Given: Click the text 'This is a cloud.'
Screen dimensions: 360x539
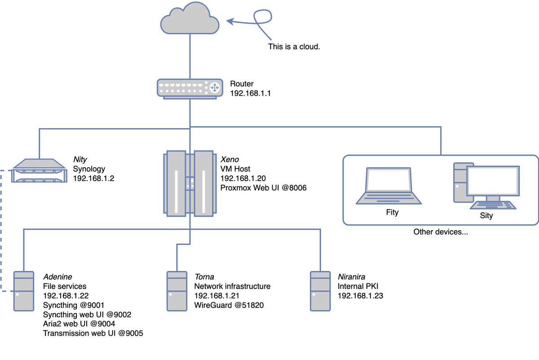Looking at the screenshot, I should [x=294, y=46].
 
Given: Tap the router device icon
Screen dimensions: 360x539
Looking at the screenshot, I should [x=189, y=88].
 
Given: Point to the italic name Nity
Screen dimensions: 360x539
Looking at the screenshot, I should [x=80, y=159].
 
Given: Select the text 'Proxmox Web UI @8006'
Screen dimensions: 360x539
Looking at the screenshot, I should [x=263, y=188].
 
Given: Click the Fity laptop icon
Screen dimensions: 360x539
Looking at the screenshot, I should [x=389, y=187].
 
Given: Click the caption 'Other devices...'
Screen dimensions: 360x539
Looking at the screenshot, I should [x=441, y=232].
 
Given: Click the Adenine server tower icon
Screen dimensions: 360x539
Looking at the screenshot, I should [x=24, y=291].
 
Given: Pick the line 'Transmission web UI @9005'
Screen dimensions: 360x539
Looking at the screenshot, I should [x=93, y=333].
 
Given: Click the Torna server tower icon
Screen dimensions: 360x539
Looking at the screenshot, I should [x=177, y=291].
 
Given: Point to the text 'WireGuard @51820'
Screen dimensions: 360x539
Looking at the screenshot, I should [x=229, y=305].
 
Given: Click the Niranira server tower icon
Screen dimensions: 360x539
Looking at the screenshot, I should [x=320, y=291].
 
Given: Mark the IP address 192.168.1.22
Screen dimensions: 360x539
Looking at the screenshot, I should [x=66, y=296].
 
